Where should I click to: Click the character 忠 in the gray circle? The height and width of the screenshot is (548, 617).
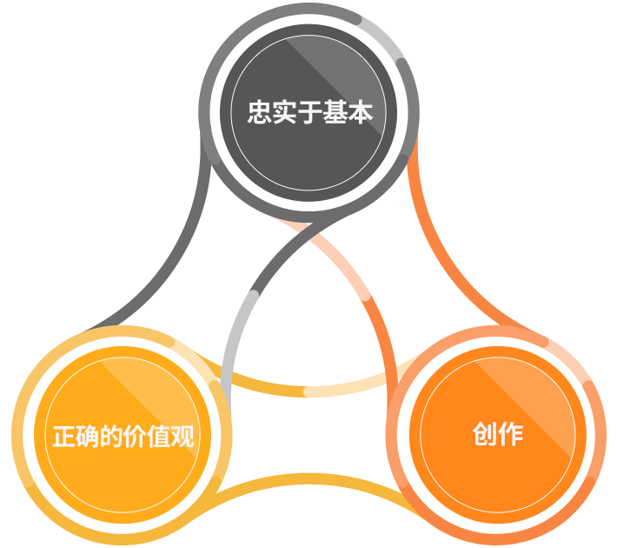click(x=260, y=112)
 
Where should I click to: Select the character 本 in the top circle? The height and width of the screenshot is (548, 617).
click(x=360, y=112)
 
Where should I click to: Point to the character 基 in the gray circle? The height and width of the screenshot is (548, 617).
click(x=335, y=112)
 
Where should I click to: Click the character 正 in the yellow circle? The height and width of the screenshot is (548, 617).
click(x=64, y=436)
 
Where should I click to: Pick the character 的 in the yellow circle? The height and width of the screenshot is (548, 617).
click(x=111, y=436)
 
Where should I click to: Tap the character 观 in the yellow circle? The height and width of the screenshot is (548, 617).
click(x=182, y=436)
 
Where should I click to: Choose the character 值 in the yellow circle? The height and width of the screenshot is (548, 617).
click(x=159, y=436)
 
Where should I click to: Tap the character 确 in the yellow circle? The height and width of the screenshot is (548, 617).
click(x=88, y=436)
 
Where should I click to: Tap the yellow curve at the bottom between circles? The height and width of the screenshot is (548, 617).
click(x=311, y=479)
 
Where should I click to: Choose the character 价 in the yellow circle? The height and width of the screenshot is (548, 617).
click(x=135, y=436)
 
